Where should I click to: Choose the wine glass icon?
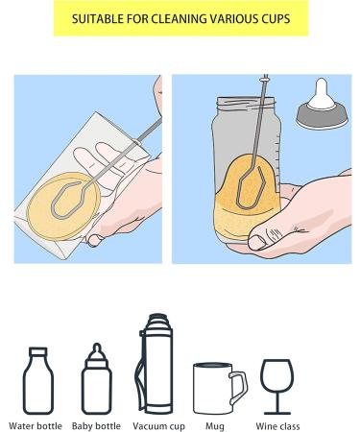point(276,381)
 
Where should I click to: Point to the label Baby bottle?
point(96,424)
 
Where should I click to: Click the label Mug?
point(215,424)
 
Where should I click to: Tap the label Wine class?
point(276,424)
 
